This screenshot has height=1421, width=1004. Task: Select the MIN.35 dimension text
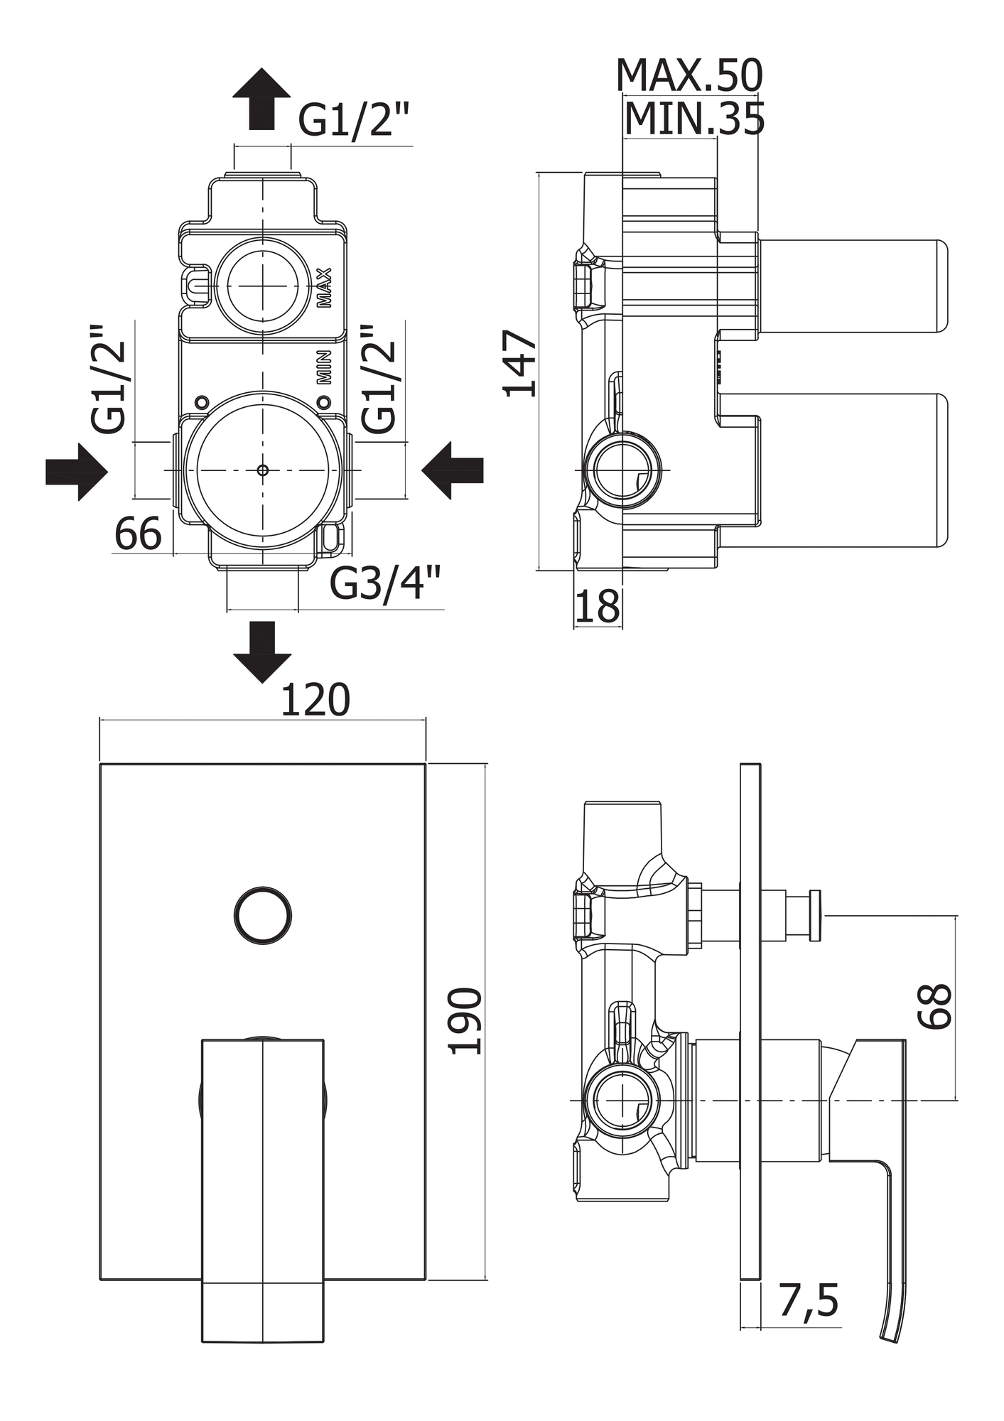pos(693,119)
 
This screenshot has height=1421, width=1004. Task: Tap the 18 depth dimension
pos(597,606)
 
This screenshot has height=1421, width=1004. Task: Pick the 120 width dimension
pos(315,701)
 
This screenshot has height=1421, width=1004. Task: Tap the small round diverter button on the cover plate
pos(263,916)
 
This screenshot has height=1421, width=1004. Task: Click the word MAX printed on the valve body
pos(325,287)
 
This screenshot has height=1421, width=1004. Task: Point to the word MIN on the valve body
pos(325,367)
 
